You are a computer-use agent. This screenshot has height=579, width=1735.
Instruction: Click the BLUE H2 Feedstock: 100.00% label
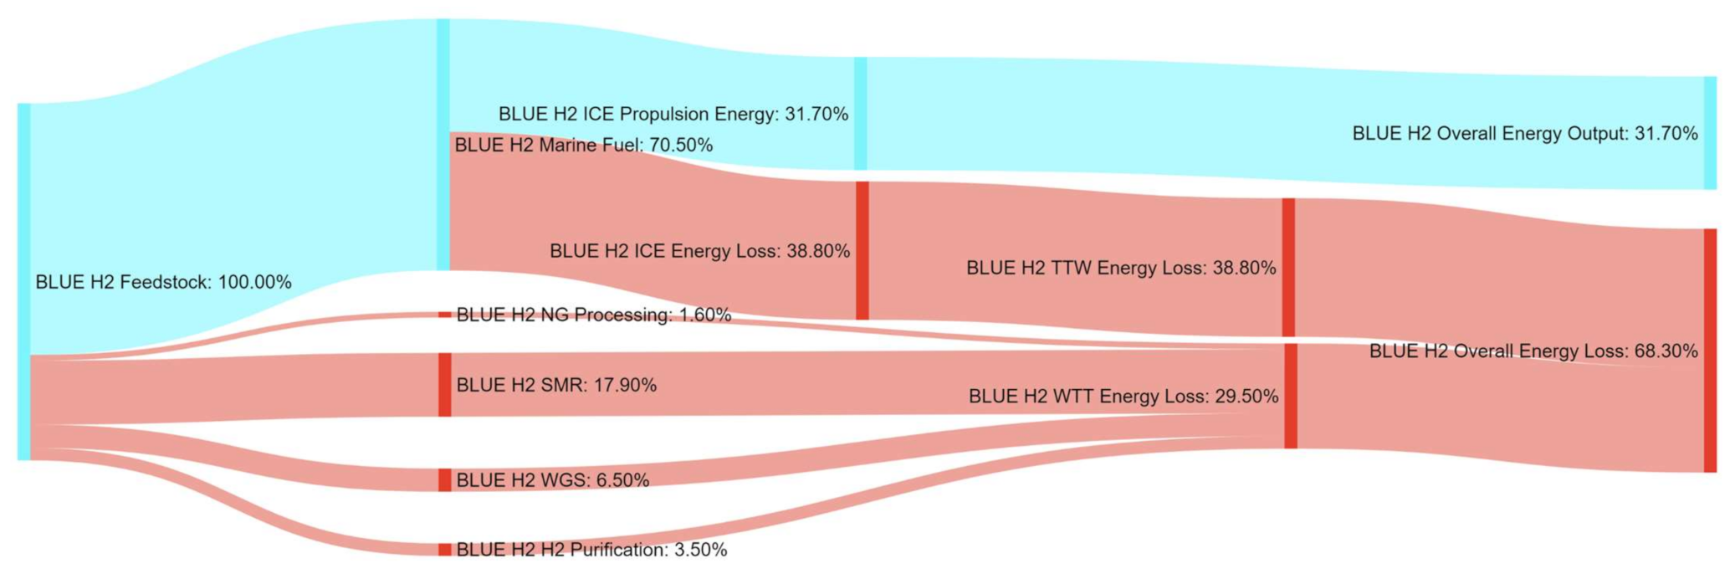point(163,283)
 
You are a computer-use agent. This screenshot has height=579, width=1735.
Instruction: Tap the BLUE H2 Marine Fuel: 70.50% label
point(583,146)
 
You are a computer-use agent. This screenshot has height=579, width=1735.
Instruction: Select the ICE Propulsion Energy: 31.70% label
point(673,114)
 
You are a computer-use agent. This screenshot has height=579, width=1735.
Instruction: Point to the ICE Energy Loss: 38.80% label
point(699,251)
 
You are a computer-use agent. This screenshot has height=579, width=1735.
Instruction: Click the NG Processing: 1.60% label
point(593,315)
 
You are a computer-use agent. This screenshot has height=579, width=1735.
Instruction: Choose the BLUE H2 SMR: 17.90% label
point(555,386)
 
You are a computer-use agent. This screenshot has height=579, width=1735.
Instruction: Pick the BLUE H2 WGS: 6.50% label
point(552,480)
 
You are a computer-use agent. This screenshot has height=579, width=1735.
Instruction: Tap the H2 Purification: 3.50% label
point(591,550)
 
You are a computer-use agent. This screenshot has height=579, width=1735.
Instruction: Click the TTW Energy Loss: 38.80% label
point(1121,269)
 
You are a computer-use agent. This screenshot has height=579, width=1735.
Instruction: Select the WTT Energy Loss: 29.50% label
point(1123,397)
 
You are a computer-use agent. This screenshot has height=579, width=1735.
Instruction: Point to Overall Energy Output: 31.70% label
point(1524,134)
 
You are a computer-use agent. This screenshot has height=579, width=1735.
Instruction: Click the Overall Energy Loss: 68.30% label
point(1533,351)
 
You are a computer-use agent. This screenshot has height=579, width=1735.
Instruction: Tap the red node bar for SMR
point(445,385)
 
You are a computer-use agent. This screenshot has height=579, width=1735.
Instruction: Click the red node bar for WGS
point(445,480)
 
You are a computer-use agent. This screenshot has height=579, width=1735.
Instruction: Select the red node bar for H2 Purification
point(445,550)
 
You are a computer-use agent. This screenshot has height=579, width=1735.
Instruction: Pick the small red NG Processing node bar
point(445,315)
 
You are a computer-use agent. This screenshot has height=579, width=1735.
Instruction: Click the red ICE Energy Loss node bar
point(862,250)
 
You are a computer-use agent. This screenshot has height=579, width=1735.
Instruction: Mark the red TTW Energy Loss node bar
point(1288,268)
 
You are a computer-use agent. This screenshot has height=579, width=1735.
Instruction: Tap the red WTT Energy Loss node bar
point(1291,396)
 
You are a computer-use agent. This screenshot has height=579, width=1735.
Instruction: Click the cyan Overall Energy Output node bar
point(1710,133)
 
